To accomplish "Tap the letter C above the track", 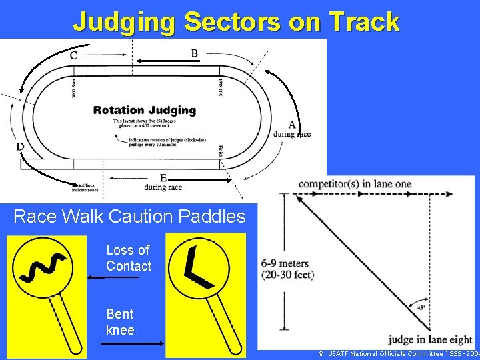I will [x=73, y=55].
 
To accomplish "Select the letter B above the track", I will [x=194, y=53].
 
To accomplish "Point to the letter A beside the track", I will [x=292, y=125].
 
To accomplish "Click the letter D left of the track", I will [x=20, y=147].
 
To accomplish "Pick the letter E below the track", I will [x=163, y=178].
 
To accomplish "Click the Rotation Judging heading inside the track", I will [x=145, y=110].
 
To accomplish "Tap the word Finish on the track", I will [x=221, y=151].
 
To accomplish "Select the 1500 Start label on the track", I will [x=221, y=87].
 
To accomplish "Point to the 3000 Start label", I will [x=74, y=87].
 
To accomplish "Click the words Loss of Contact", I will [x=128, y=258].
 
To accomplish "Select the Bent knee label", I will [x=120, y=321].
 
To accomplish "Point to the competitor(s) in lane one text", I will [x=355, y=184].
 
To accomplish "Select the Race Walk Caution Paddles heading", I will [x=129, y=217].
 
